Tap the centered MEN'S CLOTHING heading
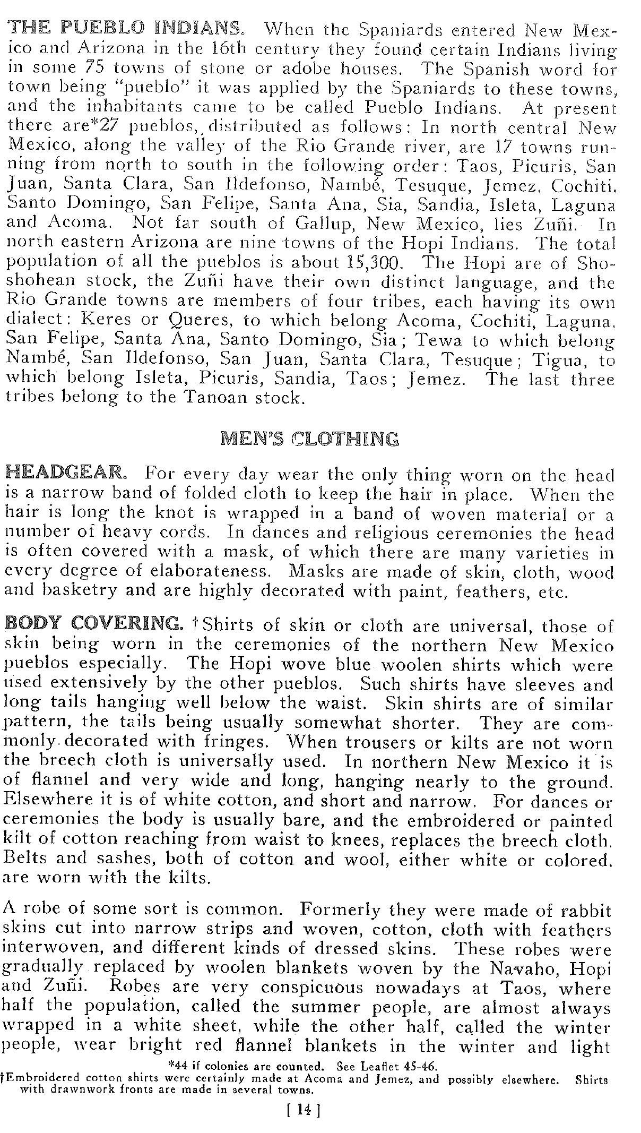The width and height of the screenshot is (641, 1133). pos(309,439)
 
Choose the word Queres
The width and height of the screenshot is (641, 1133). pos(200,321)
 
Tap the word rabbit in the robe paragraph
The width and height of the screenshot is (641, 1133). pos(589,911)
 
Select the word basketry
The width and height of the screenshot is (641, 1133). pos(80,591)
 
